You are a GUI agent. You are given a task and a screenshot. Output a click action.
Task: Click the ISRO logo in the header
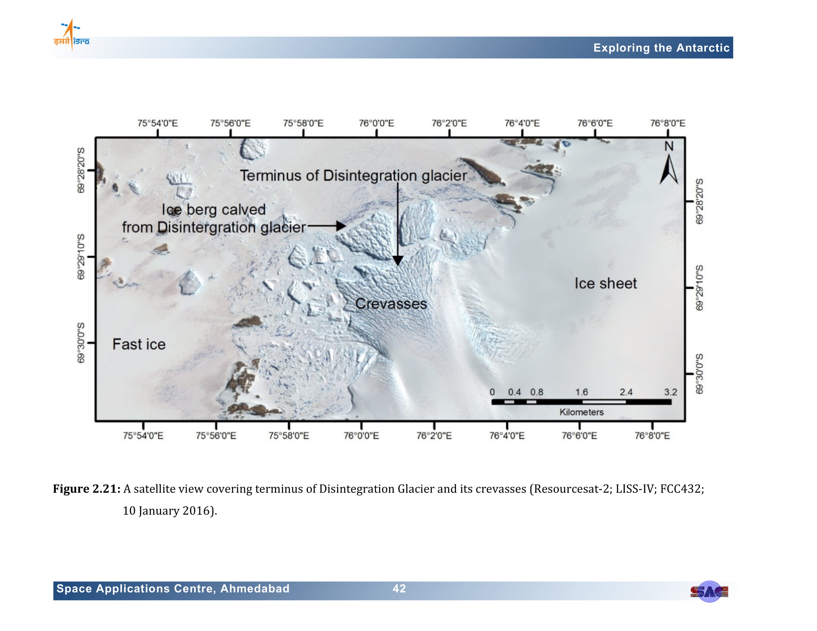(71, 35)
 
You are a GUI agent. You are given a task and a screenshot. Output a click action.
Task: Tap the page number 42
(399, 589)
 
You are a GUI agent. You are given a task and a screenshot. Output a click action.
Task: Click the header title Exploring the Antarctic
(661, 48)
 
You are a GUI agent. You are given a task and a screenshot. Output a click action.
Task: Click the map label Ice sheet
(606, 284)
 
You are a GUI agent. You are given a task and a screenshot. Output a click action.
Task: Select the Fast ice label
(139, 344)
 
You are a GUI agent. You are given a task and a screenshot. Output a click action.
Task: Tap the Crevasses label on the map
(391, 304)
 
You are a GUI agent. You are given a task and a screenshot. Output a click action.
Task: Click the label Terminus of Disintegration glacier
(354, 176)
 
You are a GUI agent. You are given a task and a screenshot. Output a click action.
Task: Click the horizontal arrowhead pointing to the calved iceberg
(341, 226)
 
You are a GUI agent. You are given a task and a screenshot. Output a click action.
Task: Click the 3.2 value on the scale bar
(670, 392)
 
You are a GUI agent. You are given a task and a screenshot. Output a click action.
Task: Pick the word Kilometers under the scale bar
(581, 412)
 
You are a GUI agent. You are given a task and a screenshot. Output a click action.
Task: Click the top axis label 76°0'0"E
(376, 123)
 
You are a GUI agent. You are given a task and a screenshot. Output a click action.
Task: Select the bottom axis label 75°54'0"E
(143, 436)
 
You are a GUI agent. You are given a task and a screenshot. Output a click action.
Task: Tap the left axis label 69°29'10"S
(81, 257)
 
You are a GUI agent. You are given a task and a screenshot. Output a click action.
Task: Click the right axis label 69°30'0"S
(699, 374)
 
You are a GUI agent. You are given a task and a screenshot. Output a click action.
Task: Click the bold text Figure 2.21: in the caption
(87, 489)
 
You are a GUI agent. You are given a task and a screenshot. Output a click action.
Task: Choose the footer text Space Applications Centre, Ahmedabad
(173, 589)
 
